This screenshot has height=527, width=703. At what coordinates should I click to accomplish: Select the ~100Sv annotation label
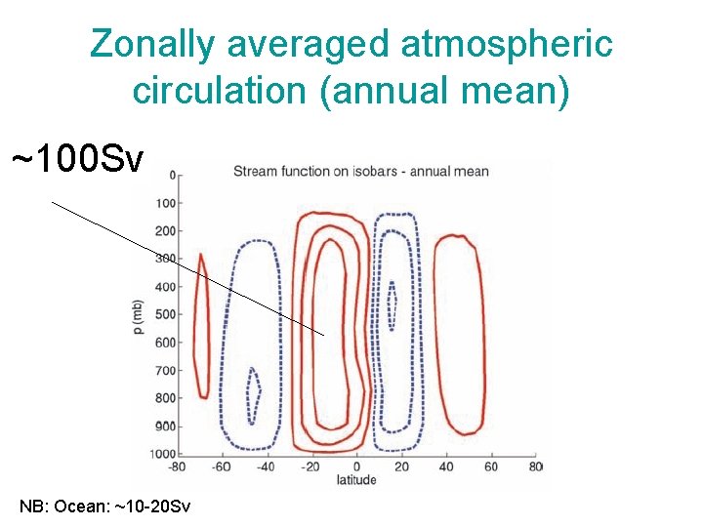pos(78,158)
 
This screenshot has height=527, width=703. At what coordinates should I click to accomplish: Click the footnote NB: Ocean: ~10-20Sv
pos(105,507)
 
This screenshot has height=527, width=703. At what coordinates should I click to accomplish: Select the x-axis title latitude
pos(356,480)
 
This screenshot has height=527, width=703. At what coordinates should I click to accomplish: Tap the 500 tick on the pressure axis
pos(166,314)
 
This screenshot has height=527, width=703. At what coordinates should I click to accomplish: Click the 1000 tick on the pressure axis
pos(164,454)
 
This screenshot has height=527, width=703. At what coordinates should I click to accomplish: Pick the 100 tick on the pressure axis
pos(166,203)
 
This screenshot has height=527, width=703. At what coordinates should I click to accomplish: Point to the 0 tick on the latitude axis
pos(357,466)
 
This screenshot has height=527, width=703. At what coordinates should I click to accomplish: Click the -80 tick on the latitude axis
pos(177,466)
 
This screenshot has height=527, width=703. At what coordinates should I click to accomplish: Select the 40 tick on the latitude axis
pos(446,466)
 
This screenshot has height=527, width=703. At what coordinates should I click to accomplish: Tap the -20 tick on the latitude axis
pos(310,466)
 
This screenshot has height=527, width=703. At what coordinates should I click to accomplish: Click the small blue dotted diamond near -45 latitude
pos(254,395)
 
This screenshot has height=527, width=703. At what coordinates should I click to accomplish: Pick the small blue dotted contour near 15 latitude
pos(392,305)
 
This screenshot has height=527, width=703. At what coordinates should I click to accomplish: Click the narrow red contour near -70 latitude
pos(202,327)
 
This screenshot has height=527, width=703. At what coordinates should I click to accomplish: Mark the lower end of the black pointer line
pos(323,335)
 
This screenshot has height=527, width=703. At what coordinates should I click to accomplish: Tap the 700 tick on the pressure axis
pos(166,371)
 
